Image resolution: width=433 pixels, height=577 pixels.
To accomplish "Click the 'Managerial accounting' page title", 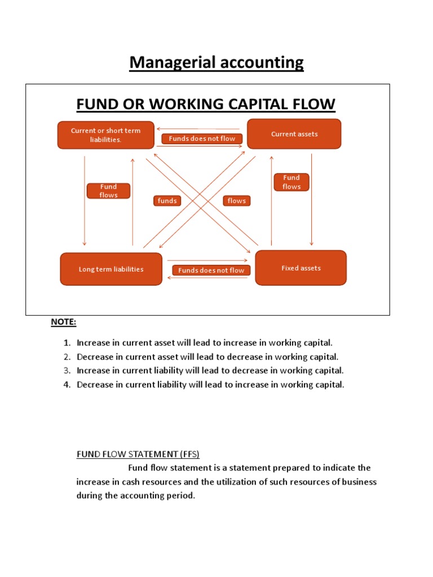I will click(x=216, y=63).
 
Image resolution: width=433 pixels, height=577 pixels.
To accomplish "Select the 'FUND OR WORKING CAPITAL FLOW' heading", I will click(x=206, y=104).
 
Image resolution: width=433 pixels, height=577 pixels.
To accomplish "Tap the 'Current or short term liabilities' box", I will click(x=105, y=135).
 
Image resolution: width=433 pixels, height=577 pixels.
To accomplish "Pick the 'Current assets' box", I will click(x=294, y=134).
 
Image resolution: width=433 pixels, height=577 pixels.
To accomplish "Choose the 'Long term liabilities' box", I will click(x=111, y=269).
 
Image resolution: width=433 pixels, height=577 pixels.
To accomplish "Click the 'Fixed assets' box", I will click(x=301, y=268).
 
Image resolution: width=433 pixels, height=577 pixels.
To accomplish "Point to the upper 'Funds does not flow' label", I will click(x=202, y=139).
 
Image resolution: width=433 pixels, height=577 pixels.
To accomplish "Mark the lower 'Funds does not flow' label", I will click(x=211, y=270).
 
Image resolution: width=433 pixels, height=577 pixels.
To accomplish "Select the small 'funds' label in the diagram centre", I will click(x=167, y=201).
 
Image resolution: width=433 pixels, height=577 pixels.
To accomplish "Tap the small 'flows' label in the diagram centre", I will click(x=237, y=201).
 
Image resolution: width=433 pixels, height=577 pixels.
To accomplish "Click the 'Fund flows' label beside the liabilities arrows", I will click(x=109, y=191).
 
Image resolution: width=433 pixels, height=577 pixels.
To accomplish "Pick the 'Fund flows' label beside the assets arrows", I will click(x=291, y=182).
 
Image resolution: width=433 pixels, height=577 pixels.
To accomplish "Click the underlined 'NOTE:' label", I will click(x=64, y=322).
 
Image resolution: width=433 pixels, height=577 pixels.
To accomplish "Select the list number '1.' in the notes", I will click(x=67, y=343).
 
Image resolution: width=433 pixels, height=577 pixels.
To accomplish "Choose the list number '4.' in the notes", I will click(x=67, y=385).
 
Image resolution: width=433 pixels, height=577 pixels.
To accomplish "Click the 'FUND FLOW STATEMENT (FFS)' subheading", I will click(x=138, y=454).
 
